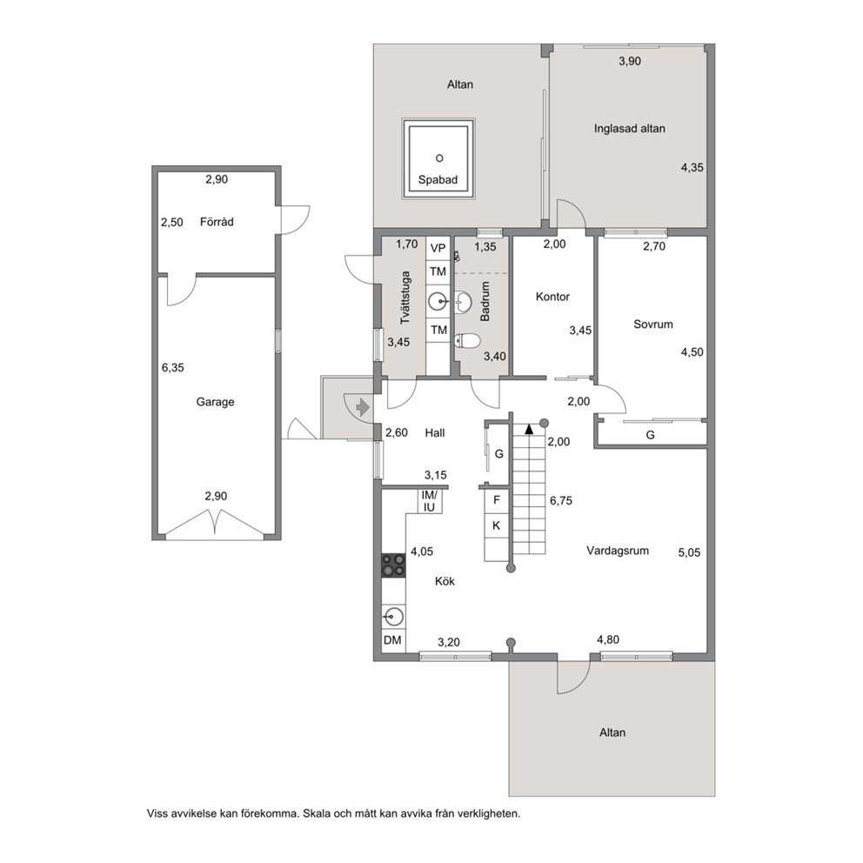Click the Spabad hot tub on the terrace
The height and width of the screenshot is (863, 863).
coord(438,158)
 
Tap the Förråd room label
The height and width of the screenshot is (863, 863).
coord(217,222)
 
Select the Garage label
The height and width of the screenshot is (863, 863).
coord(215,402)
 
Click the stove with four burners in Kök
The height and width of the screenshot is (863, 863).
coord(393,565)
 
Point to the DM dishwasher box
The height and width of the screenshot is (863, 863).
coord(393,640)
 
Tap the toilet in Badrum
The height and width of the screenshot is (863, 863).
coord(467,341)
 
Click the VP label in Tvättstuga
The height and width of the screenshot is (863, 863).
coord(438,248)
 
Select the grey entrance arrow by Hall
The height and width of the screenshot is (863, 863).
coord(362,407)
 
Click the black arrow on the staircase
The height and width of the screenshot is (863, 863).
coord(529,429)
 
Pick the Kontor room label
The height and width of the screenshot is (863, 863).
coord(552,297)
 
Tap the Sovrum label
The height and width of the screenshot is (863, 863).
coord(653,324)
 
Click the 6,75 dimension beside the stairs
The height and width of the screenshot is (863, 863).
coord(561,501)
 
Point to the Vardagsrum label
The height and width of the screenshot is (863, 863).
coord(618,551)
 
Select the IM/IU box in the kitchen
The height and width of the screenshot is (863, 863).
coord(429,501)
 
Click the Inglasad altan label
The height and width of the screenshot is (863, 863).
coord(630,129)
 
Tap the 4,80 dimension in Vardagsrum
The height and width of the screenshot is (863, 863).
coord(608,639)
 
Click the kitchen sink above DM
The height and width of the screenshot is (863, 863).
coord(393,617)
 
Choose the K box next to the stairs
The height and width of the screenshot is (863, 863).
coord(497,525)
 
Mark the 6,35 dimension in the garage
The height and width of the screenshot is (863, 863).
coord(173,368)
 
